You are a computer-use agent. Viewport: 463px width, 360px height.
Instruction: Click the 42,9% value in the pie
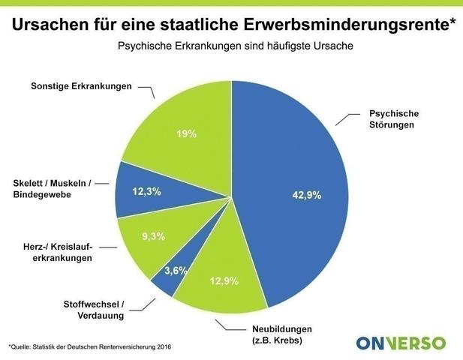pos(306,195)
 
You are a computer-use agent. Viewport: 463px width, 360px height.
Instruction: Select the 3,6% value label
pos(176,270)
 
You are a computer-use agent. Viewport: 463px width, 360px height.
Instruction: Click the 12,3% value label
pos(146,192)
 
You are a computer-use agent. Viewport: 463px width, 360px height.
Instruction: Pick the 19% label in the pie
pos(187,134)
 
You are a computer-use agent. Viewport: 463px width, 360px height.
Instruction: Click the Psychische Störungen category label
pos(393,119)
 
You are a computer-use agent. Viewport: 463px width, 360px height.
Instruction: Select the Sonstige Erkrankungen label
pos(81,86)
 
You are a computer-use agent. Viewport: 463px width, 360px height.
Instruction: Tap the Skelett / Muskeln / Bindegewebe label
pos(53,189)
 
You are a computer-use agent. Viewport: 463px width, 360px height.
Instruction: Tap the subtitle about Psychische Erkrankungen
pos(235,46)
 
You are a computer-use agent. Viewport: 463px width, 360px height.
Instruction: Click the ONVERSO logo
pos(401,343)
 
